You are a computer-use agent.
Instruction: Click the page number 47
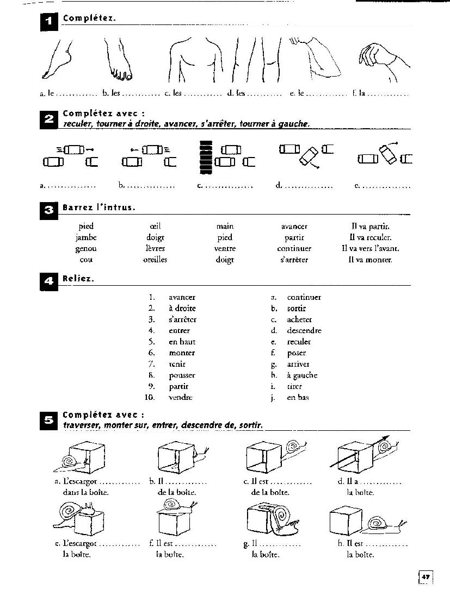click(x=426, y=576)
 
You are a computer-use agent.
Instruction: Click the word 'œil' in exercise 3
click(x=155, y=226)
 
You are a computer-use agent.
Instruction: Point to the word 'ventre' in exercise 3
click(x=225, y=248)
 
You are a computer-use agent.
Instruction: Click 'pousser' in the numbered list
click(x=182, y=375)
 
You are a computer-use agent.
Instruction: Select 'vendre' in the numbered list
click(x=181, y=398)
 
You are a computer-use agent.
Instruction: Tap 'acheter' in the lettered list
click(x=299, y=319)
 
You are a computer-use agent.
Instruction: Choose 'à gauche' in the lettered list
click(x=302, y=375)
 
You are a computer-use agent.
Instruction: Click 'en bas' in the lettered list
click(x=298, y=398)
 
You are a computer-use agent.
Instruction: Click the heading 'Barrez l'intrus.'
click(x=99, y=208)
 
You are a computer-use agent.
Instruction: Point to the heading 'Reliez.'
click(x=78, y=279)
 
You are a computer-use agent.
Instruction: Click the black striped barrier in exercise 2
click(x=205, y=158)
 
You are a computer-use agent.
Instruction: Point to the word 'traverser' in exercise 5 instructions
click(x=82, y=425)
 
